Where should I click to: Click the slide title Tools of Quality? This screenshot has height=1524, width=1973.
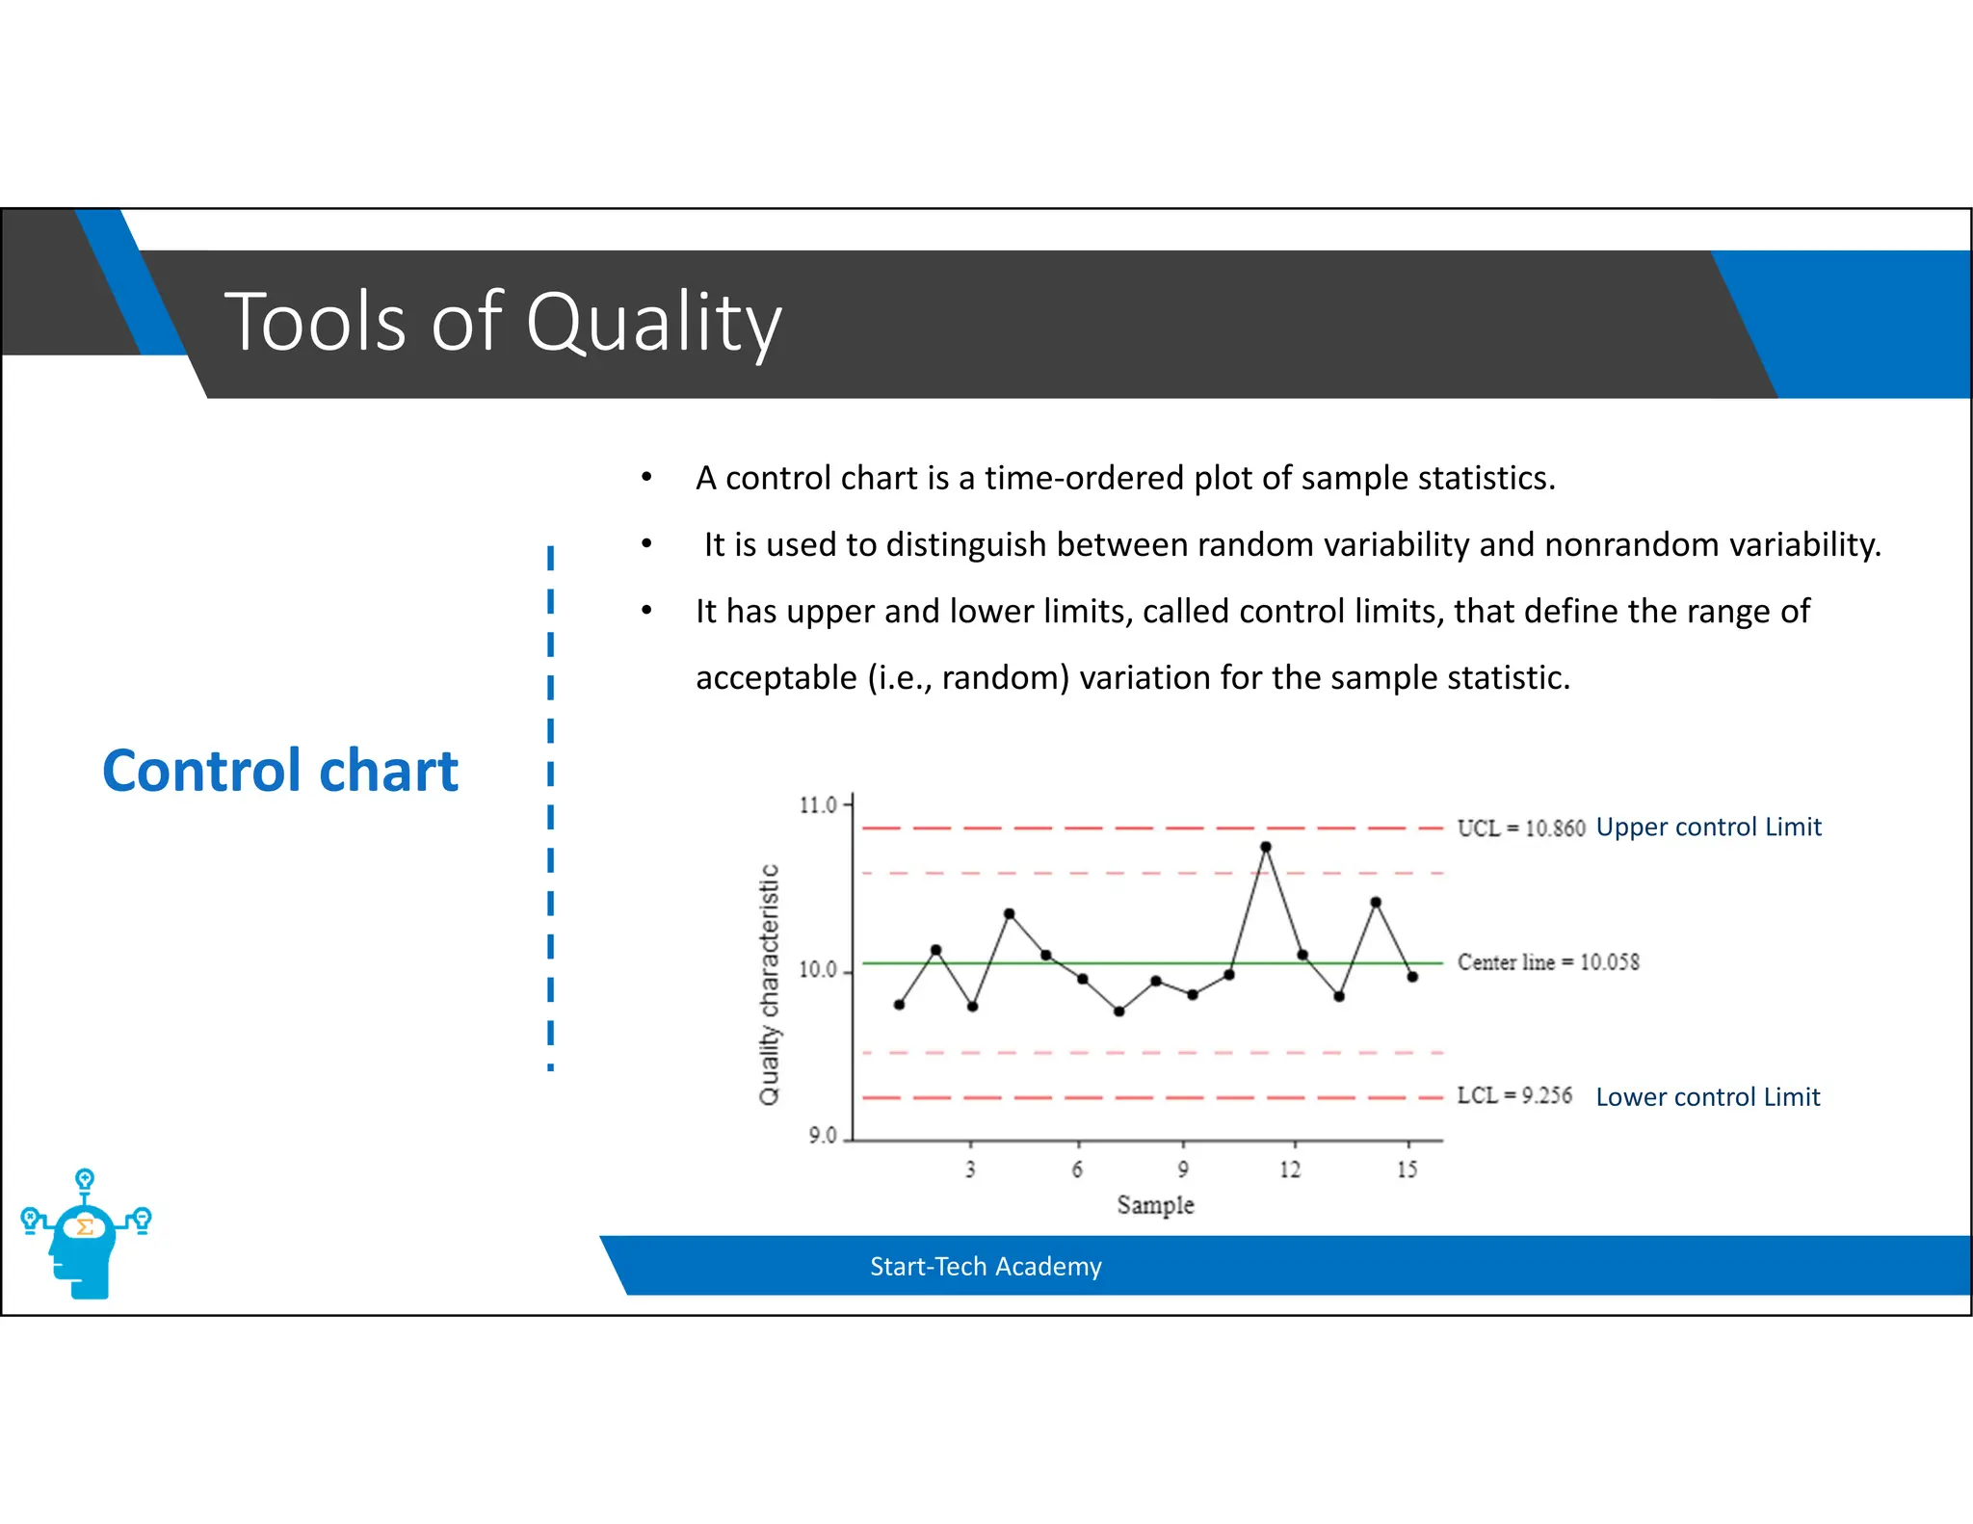click(503, 323)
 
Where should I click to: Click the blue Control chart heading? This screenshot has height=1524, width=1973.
click(280, 771)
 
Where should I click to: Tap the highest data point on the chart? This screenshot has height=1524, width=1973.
click(1265, 848)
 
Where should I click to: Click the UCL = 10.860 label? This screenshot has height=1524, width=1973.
click(1520, 828)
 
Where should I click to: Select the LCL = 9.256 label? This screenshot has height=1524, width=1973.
click(1513, 1096)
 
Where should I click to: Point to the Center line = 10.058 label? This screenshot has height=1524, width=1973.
click(1547, 962)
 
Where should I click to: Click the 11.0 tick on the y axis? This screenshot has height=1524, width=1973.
click(819, 805)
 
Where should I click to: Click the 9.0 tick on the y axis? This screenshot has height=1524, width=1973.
click(823, 1137)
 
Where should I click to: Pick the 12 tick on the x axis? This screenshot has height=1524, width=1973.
click(1290, 1169)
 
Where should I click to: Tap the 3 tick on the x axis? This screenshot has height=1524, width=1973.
click(970, 1169)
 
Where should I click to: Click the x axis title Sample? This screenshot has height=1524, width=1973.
click(1155, 1205)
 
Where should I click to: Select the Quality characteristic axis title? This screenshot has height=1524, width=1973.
click(769, 985)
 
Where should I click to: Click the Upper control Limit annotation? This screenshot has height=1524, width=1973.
click(1708, 828)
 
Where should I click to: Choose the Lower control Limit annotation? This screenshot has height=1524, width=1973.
click(1707, 1097)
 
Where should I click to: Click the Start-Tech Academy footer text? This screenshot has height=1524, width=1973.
click(986, 1267)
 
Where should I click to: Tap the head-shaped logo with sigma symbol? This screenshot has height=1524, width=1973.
click(85, 1238)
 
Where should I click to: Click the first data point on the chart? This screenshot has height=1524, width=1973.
click(899, 1005)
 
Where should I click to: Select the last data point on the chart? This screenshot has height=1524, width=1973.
click(1412, 977)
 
